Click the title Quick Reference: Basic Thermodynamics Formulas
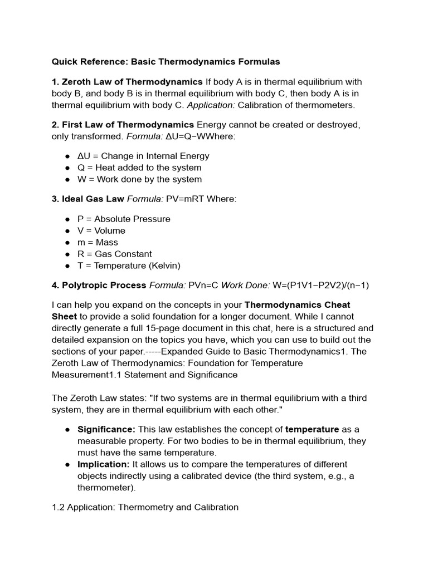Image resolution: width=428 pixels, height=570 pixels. point(166,61)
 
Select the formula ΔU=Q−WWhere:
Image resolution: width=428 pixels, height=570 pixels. point(189,136)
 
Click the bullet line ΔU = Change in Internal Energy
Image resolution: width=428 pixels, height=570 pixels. point(143,156)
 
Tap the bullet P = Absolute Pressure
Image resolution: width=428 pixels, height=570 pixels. point(124,219)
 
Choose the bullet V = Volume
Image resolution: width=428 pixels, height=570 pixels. point(101,230)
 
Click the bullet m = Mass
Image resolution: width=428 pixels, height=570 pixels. point(98,242)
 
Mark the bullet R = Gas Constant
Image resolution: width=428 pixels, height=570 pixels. point(114,254)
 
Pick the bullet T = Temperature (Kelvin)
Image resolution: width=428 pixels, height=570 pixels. point(129,266)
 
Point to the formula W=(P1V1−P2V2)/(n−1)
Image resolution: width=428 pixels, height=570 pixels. point(320,286)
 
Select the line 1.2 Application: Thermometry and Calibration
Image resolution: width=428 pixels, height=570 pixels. point(145,507)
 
